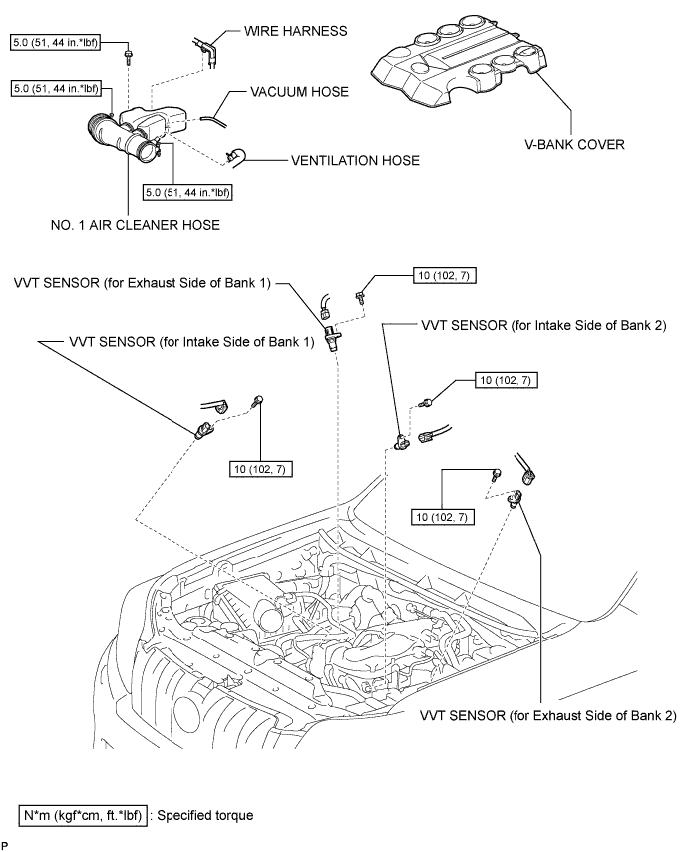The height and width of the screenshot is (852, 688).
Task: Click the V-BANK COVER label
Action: pos(574,144)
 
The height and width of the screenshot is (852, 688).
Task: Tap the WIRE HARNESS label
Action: pos(296,30)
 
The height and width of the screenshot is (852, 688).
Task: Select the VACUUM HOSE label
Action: pos(299,92)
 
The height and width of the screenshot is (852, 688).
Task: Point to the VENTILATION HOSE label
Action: pos(355,161)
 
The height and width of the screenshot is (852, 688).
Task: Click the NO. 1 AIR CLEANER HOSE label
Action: pos(136,225)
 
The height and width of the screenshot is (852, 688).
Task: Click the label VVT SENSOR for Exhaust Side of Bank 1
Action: pos(143,283)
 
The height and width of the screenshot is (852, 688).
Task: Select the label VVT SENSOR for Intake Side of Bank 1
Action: pos(191,342)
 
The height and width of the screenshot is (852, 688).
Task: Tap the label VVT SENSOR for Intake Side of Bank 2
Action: pos(543,325)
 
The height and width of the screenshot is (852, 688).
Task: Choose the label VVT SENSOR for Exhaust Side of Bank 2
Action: pos(547,716)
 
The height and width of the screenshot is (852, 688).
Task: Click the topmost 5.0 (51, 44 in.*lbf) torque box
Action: pos(56,42)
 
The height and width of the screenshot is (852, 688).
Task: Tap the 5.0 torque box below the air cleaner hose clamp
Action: pos(187,192)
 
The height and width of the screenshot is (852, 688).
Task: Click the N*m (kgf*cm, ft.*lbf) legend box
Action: pos(83,816)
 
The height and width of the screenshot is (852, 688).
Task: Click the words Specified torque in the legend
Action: pos(204,816)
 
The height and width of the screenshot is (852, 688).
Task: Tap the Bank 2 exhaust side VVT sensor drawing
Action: pos(514,497)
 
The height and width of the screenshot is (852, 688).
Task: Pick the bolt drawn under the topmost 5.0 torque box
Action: pos(129,57)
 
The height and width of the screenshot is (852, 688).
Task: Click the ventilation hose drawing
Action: pos(236,156)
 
